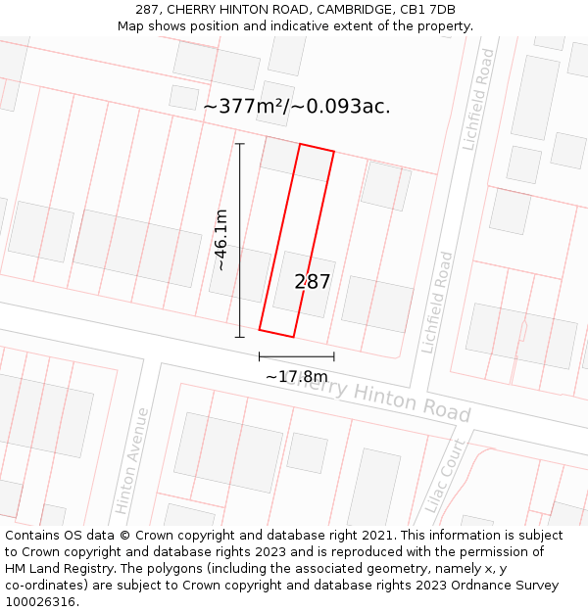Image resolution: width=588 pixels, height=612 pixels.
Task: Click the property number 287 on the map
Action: (313, 282)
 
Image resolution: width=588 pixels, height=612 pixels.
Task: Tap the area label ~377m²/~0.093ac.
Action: (296, 107)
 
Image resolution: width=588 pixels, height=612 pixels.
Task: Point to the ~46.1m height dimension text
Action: (221, 240)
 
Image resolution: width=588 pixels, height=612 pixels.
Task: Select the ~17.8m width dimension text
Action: (296, 376)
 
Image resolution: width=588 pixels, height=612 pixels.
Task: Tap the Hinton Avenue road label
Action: (132, 461)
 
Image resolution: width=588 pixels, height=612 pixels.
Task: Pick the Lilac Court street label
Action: (446, 477)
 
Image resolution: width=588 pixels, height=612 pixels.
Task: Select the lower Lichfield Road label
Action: (437, 303)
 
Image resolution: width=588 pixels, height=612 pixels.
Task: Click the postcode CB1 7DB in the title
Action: (427, 10)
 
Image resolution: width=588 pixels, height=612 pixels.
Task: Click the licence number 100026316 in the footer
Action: (42, 602)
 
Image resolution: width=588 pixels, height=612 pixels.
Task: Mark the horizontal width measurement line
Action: (296, 356)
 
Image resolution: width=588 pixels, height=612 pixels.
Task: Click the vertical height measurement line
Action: (240, 240)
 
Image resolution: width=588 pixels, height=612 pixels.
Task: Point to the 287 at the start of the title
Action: (148, 10)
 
